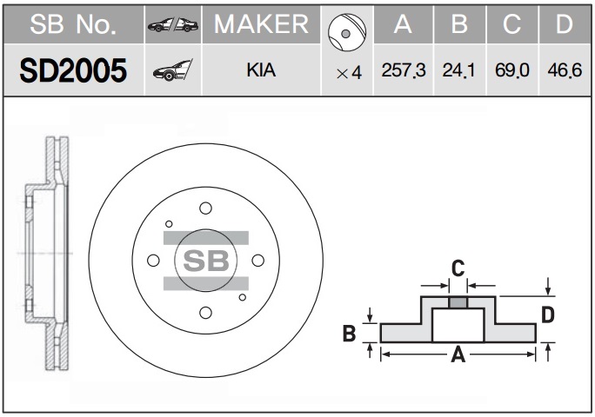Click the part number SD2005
[73, 71]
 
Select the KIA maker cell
[261, 70]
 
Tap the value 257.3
[404, 70]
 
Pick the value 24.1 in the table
[458, 70]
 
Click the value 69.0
[511, 70]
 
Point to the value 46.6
[565, 70]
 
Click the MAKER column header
[261, 24]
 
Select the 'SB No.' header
[73, 24]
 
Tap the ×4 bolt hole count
[349, 73]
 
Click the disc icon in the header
[347, 33]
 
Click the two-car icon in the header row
[173, 24]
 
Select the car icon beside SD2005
[172, 70]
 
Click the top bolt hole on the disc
[205, 208]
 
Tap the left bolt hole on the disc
[153, 261]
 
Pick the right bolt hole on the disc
[258, 261]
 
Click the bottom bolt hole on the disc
[205, 313]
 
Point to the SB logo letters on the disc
[206, 261]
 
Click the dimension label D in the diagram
[547, 315]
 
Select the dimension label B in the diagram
[349, 334]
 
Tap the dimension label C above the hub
[458, 268]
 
